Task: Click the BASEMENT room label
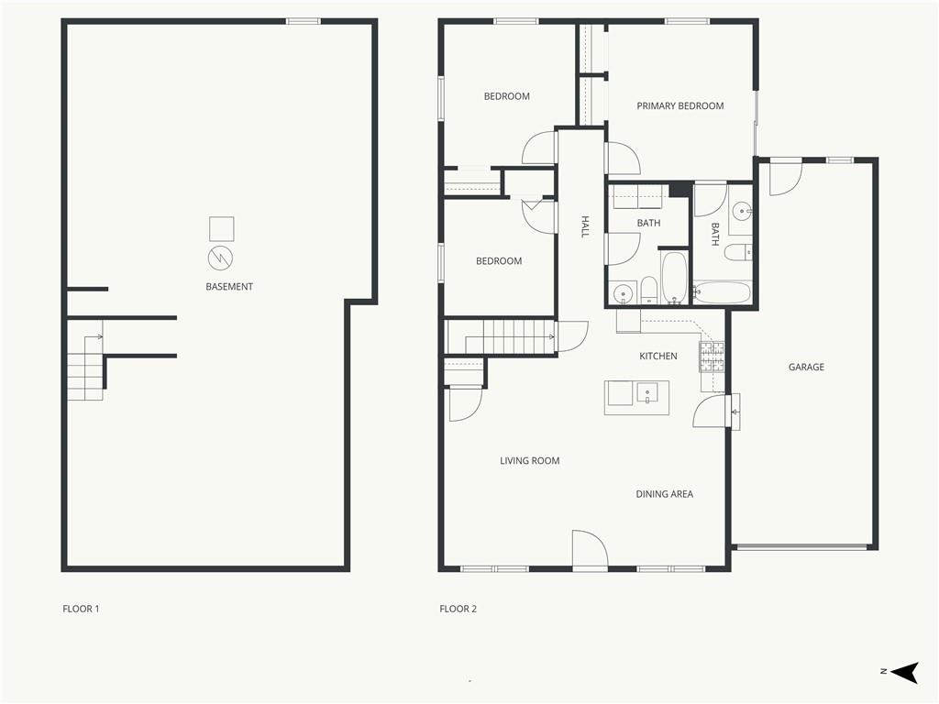[228, 287]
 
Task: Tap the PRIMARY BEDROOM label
[679, 106]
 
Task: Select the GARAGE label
[806, 367]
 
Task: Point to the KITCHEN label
[658, 357]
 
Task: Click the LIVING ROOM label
[529, 461]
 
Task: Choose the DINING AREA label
[664, 494]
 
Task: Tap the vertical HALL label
[585, 227]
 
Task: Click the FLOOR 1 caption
[81, 609]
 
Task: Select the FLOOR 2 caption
[458, 609]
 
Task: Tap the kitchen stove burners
[712, 357]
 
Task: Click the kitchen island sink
[646, 393]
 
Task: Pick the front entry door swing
[591, 548]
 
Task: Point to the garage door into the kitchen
[711, 412]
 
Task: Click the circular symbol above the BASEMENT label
[220, 258]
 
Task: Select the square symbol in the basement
[222, 228]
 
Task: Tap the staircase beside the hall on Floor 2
[501, 337]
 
